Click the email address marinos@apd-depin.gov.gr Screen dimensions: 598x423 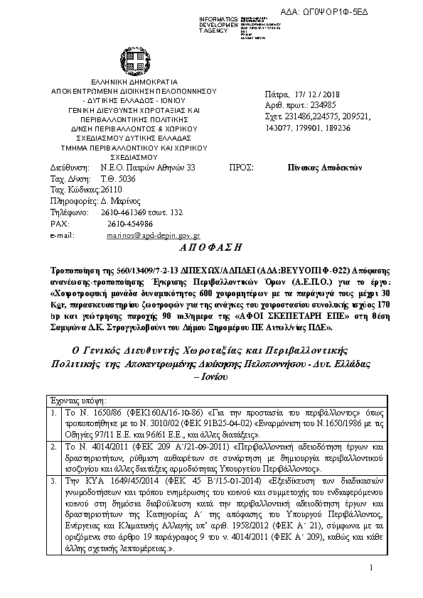click(154, 234)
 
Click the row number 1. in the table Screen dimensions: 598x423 click(55, 411)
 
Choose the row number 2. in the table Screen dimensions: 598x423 click(55, 446)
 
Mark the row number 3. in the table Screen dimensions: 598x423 click(55, 480)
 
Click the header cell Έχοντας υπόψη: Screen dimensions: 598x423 click(77, 401)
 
